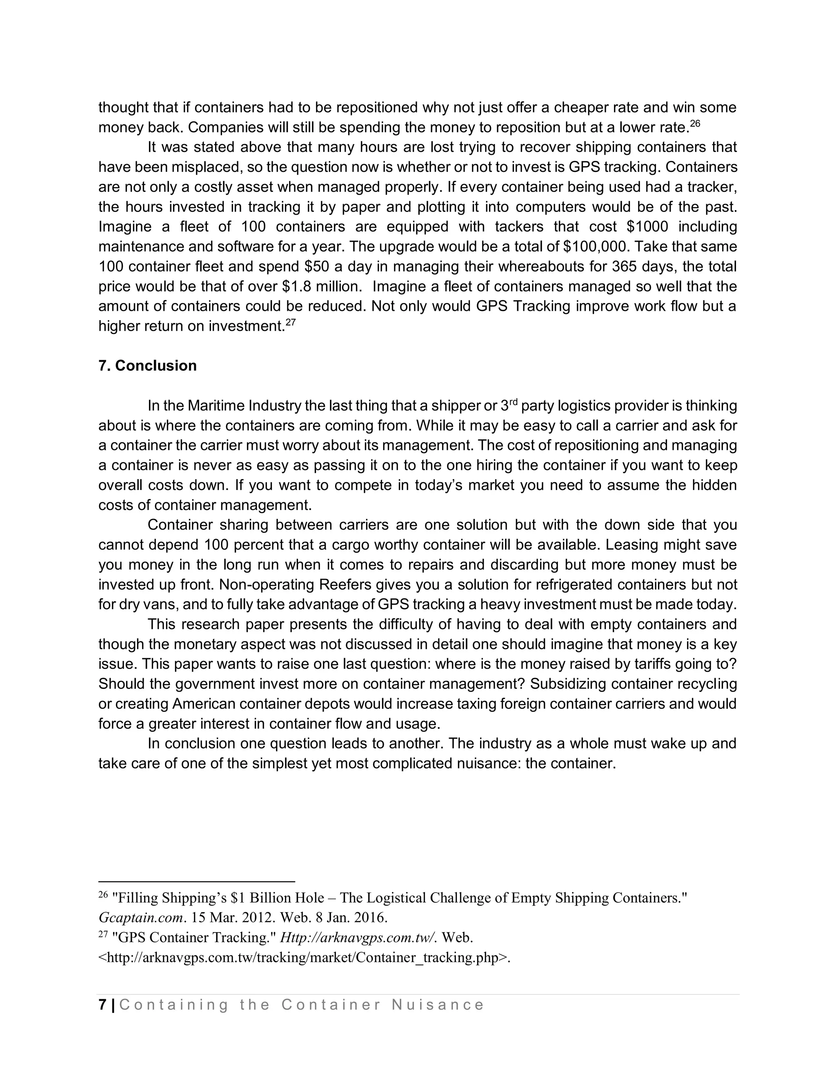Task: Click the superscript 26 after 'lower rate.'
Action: [x=695, y=123]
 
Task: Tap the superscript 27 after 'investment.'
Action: [x=291, y=323]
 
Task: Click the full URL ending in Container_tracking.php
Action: [x=304, y=957]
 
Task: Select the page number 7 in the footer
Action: [x=102, y=1005]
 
